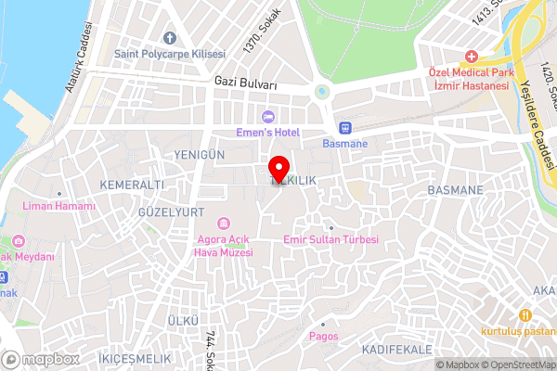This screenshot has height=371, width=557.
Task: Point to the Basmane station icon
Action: tap(344, 127)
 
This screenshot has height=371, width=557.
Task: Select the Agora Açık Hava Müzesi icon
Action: tap(224, 224)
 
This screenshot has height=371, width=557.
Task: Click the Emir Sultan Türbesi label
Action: tap(330, 239)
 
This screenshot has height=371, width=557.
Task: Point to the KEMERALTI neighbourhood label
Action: tap(131, 185)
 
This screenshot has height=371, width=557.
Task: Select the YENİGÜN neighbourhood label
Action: tap(200, 153)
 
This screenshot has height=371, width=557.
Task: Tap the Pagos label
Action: tap(323, 336)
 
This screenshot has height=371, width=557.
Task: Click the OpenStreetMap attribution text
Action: tap(515, 365)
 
